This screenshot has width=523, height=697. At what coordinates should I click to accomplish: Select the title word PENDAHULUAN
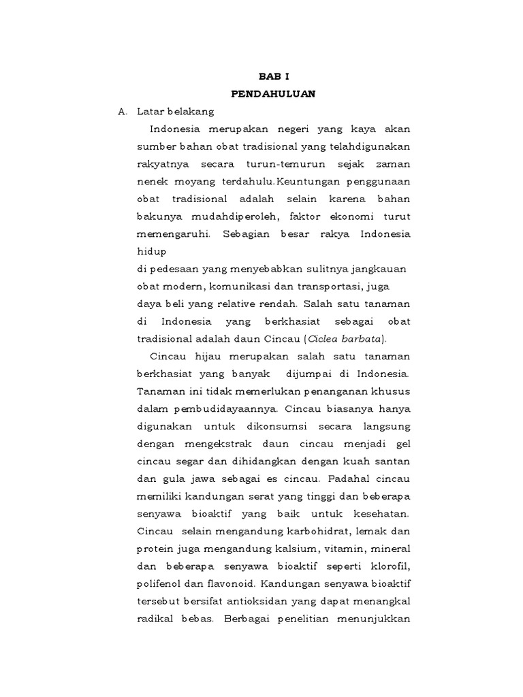pyautogui.click(x=273, y=94)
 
